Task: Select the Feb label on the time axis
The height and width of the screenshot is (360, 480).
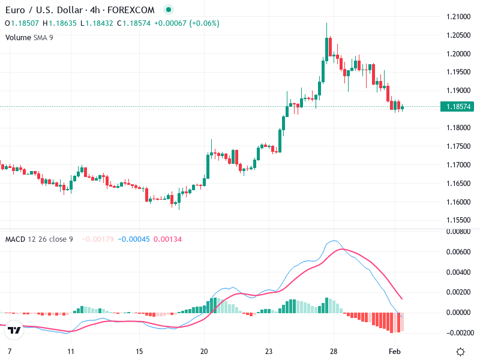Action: (394, 350)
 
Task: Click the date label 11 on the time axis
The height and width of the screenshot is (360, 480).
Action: (71, 350)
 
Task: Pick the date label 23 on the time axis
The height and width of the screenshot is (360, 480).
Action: (269, 350)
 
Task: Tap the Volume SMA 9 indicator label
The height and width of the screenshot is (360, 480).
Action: (30, 37)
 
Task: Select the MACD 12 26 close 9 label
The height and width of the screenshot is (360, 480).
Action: (39, 239)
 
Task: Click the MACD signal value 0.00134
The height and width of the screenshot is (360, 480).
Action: (167, 239)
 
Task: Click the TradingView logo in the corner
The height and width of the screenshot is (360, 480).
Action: (14, 330)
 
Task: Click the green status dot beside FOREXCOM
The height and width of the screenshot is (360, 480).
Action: (168, 10)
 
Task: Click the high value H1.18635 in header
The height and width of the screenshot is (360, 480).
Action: (62, 23)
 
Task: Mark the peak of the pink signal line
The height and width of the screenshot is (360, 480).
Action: (340, 248)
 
